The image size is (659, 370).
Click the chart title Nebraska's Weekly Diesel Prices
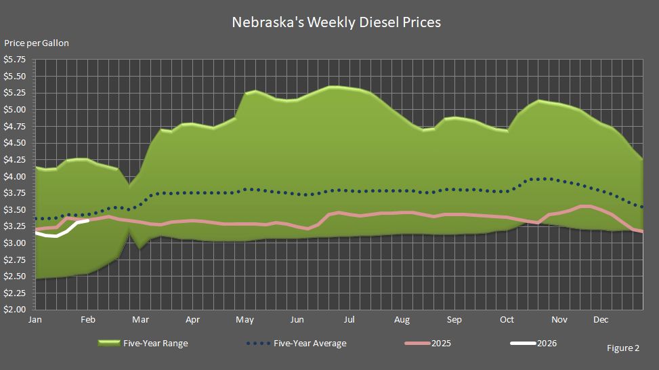point(336,22)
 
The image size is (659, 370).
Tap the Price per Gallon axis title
point(37,43)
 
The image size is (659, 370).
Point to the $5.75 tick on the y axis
point(15,60)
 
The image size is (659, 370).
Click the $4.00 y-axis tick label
point(15,176)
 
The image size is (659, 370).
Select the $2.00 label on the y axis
point(15,310)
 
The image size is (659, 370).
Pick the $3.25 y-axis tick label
point(15,226)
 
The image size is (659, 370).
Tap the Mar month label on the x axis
point(140,319)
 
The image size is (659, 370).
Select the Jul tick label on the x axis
point(349,319)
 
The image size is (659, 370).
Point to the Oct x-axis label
point(506,319)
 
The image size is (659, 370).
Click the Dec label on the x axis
point(601,319)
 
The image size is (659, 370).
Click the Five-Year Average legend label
point(310,344)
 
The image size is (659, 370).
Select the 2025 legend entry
point(440,344)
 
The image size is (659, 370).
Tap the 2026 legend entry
point(546,344)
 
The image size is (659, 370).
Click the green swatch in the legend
point(110,344)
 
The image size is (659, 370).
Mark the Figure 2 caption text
point(623,348)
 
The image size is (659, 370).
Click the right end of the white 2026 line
point(89,220)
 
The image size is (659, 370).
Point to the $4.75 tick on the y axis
point(15,126)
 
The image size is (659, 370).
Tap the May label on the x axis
point(245,319)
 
